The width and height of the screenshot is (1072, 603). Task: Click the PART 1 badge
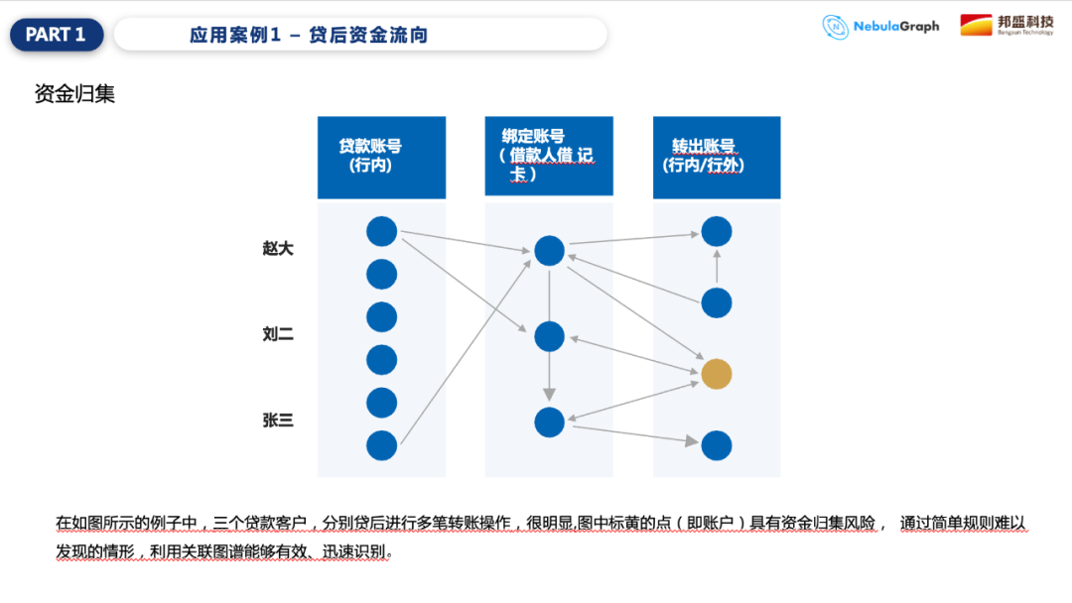[56, 35]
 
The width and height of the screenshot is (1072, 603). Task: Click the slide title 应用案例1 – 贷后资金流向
[309, 36]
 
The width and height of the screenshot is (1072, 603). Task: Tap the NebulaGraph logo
[880, 27]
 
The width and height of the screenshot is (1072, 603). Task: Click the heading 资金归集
[74, 94]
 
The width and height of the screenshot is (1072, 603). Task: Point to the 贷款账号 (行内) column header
[381, 157]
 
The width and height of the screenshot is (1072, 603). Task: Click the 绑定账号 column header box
[549, 157]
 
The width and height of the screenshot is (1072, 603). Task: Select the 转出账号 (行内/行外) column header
[716, 157]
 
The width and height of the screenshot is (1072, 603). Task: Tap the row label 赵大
[278, 249]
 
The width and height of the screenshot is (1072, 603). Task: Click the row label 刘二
[278, 335]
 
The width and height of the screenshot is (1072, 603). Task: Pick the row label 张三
[278, 421]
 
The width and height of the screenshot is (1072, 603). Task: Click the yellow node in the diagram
[717, 374]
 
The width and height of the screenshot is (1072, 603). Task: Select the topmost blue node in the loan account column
[382, 231]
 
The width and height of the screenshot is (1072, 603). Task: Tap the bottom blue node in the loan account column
[382, 445]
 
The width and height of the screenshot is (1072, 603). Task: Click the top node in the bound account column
[549, 251]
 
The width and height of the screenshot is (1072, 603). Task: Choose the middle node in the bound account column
[549, 336]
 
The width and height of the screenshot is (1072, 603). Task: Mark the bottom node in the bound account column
[549, 422]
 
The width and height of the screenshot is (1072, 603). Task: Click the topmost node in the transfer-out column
[717, 231]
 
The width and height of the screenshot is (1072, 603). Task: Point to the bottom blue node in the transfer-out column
[717, 445]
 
